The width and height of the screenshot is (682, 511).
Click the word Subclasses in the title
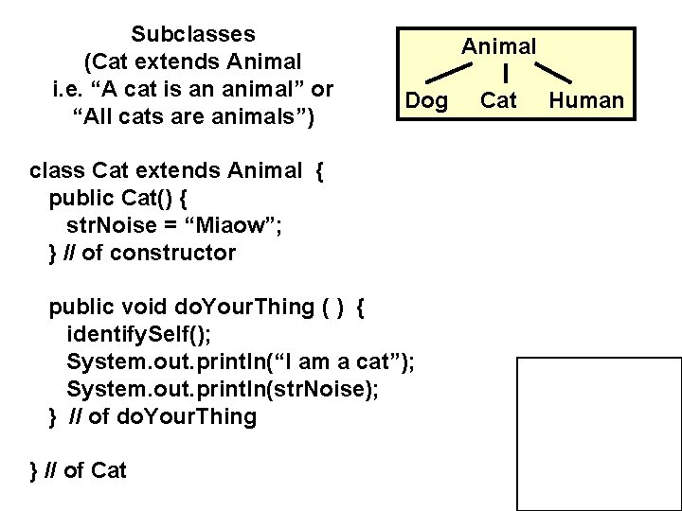pos(193,35)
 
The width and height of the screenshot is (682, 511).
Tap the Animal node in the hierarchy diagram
pos(499,45)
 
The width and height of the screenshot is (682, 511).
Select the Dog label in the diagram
pos(426,100)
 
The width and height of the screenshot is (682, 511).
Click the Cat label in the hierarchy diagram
pos(499,100)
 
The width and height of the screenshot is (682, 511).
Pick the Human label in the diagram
pos(587,100)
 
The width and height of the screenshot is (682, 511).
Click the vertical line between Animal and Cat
pos(509,73)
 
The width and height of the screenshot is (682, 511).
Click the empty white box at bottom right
pos(599,433)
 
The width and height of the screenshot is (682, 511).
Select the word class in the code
pos(58,170)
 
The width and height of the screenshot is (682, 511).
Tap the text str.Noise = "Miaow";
pos(173,225)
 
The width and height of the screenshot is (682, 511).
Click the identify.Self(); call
pos(139,334)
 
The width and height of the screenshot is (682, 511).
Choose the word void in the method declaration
pos(147,307)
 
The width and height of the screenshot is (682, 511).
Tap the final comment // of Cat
pos(86,470)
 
